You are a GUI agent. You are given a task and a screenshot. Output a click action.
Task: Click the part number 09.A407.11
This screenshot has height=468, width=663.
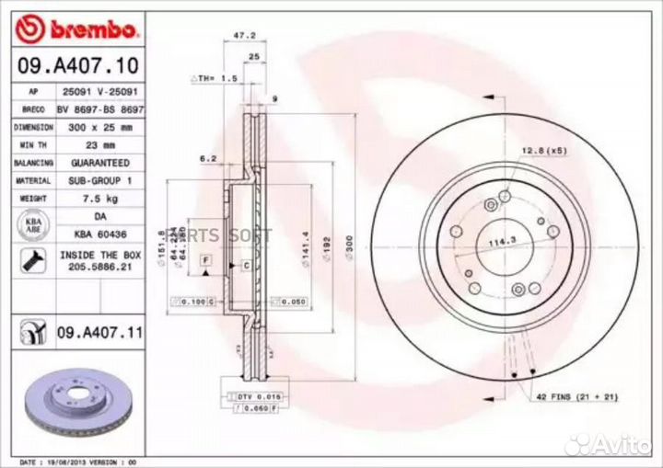click(x=99, y=332)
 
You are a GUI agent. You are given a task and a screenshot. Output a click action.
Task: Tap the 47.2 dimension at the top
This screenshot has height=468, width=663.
click(x=243, y=36)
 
